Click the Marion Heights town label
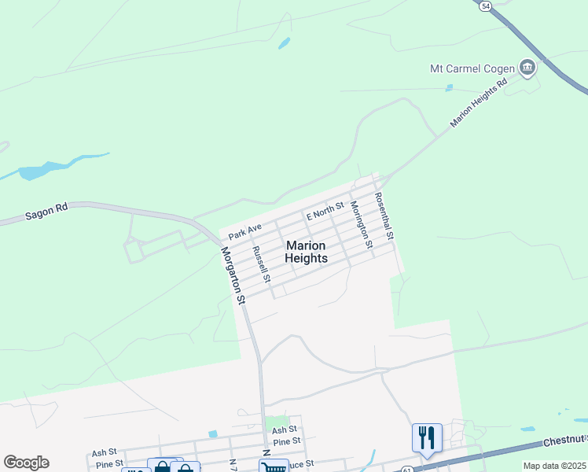pyautogui.click(x=306, y=252)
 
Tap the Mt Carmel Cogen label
pyautogui.click(x=472, y=68)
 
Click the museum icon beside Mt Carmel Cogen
pyautogui.click(x=527, y=68)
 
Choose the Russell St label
pyautogui.click(x=261, y=265)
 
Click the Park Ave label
pyautogui.click(x=244, y=231)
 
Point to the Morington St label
pyautogui.click(x=360, y=224)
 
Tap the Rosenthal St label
pyautogui.click(x=384, y=216)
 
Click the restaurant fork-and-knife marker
pyautogui.click(x=427, y=437)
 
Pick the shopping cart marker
pyautogui.click(x=274, y=467)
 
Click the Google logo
pyautogui.click(x=26, y=463)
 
